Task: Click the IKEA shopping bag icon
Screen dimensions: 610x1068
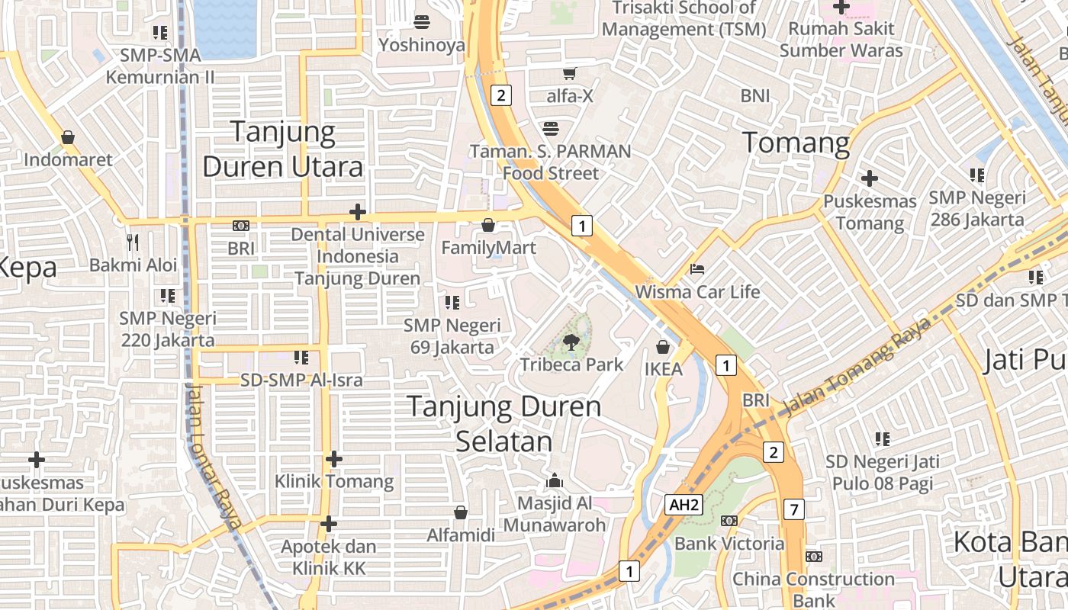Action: (663, 347)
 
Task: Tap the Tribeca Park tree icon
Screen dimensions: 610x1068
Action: (571, 342)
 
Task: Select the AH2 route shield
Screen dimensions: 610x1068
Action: (684, 505)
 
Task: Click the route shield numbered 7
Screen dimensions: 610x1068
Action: (794, 509)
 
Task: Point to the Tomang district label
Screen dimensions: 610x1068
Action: (796, 143)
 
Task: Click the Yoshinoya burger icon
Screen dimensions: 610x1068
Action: (421, 21)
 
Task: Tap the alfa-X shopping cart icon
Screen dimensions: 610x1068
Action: (569, 73)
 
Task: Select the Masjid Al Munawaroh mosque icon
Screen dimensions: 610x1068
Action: (555, 480)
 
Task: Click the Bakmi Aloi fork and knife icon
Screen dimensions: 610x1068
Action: (133, 242)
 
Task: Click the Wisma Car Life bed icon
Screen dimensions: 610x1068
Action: (697, 269)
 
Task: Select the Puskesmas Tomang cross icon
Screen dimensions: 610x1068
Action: (869, 179)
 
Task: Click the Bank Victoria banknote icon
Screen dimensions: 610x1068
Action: (729, 521)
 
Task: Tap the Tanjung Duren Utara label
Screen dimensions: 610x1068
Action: (283, 149)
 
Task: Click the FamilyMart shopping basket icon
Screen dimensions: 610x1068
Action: (488, 225)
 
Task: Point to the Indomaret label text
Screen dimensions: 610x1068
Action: (68, 159)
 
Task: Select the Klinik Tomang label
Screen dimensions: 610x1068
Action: (334, 481)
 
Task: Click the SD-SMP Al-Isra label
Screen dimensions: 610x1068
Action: (301, 379)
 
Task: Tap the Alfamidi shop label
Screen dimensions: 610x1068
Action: (461, 535)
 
